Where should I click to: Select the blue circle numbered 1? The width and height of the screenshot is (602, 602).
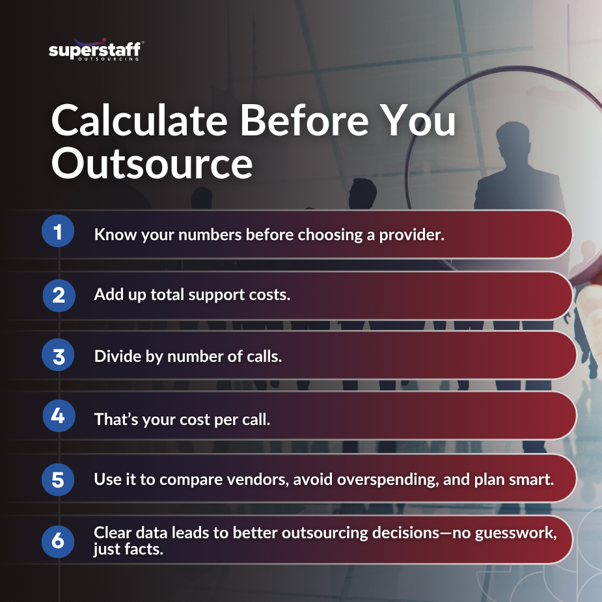(x=59, y=233)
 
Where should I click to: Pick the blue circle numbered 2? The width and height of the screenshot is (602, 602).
(x=59, y=295)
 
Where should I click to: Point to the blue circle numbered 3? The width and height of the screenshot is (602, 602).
(x=59, y=356)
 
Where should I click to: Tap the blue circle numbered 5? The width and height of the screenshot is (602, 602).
(x=59, y=480)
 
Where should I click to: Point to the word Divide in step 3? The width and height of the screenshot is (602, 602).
(x=115, y=357)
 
